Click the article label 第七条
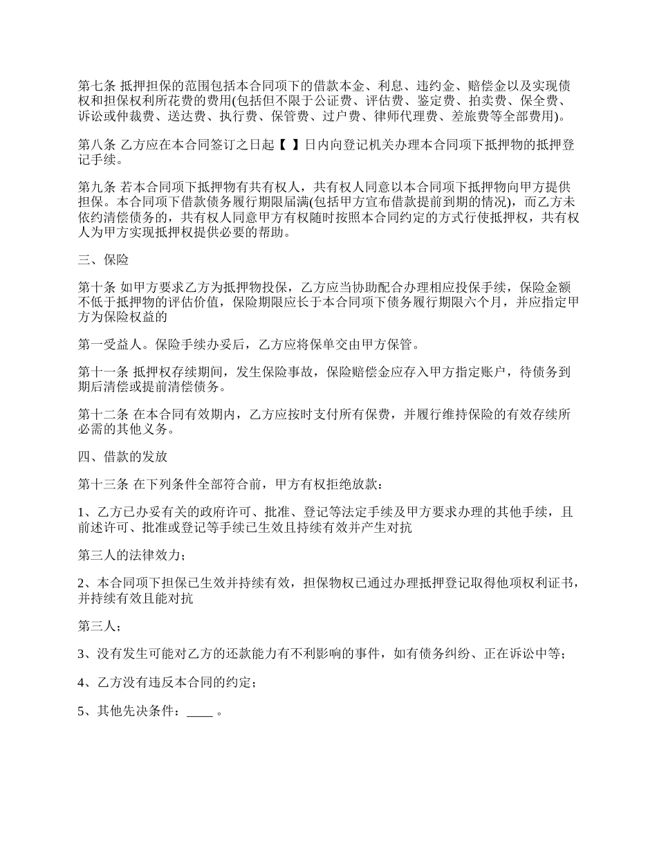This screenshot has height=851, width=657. pyautogui.click(x=96, y=86)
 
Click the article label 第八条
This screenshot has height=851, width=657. pyautogui.click(x=96, y=146)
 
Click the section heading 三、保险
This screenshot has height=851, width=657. pyautogui.click(x=103, y=261)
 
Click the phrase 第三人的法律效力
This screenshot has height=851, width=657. pyautogui.click(x=129, y=555)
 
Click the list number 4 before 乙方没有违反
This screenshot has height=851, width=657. pyautogui.click(x=82, y=684)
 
